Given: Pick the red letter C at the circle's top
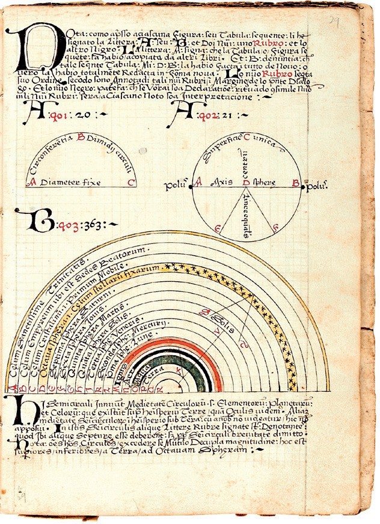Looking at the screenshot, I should (247, 136).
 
